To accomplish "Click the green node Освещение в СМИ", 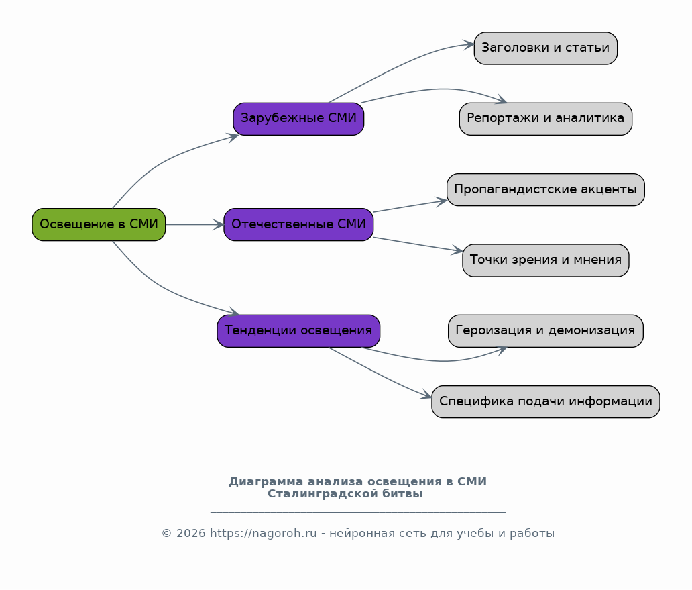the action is (99, 224).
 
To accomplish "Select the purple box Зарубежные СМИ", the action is (299, 119).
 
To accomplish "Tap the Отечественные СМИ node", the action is (299, 224).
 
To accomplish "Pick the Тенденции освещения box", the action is (299, 331).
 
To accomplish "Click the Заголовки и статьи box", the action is (545, 48).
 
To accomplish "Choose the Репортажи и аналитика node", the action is (545, 119).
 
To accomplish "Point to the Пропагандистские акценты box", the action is (545, 189).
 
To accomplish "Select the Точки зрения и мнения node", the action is (545, 260).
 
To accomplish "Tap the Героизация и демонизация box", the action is (545, 331).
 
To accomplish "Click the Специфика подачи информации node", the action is (545, 401).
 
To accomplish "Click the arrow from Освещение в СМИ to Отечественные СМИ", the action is (195, 224).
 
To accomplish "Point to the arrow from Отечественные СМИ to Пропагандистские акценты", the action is (410, 206).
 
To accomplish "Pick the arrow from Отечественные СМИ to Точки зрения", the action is (418, 244).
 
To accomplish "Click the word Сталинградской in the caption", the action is (323, 494).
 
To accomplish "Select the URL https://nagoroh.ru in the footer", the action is (263, 534).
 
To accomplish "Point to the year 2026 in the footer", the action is (190, 534).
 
